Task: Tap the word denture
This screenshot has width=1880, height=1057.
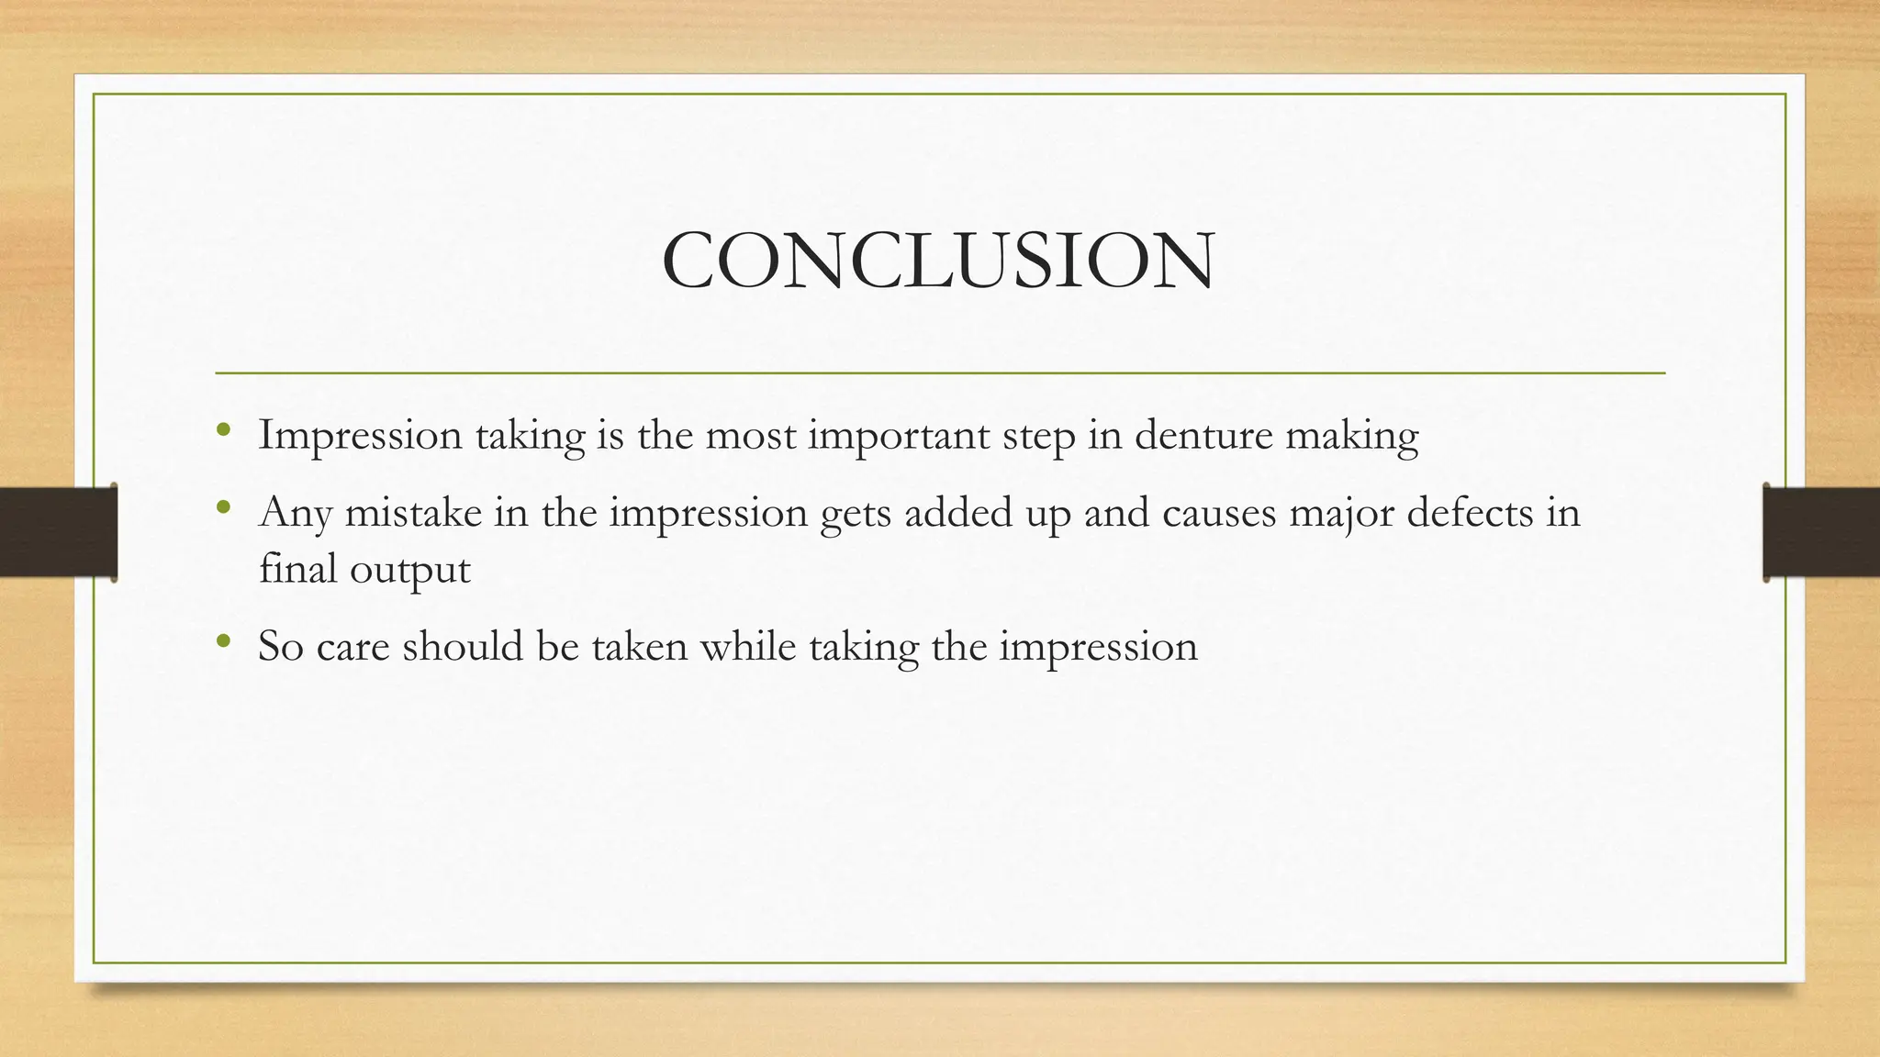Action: [x=1203, y=435]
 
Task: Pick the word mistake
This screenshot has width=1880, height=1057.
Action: [x=413, y=512]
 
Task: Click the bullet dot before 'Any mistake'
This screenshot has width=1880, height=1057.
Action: [x=223, y=507]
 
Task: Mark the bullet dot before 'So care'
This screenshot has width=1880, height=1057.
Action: [x=223, y=641]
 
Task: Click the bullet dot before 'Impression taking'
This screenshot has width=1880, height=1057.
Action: [x=223, y=429]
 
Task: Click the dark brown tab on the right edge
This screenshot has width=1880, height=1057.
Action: [x=1821, y=532]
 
